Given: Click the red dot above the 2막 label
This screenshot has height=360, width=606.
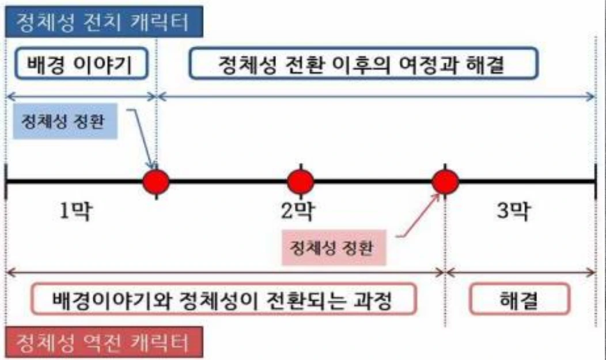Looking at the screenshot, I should coord(300,181).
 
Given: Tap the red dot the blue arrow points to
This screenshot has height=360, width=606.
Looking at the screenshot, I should coord(156,181).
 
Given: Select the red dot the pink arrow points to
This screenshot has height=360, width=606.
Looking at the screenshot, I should coord(445,181).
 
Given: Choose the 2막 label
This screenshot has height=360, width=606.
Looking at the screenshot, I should coord(297,212).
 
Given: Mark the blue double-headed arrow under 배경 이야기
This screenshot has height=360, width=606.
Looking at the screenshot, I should coord(81,96).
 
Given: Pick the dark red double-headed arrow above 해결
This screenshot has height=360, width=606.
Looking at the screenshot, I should coord(521,270).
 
